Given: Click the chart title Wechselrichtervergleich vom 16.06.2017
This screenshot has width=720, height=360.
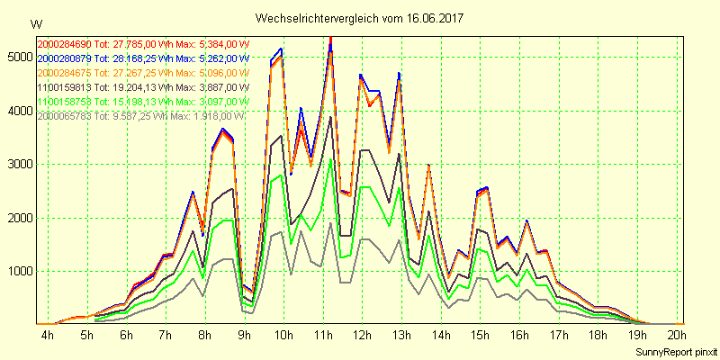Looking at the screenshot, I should [359, 18].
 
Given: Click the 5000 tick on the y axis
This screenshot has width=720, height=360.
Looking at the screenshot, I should [17, 58].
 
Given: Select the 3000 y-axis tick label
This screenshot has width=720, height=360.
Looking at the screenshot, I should [17, 165].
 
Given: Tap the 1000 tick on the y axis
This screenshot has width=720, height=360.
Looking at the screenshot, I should [17, 272].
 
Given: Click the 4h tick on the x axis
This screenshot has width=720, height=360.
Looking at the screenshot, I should [48, 335].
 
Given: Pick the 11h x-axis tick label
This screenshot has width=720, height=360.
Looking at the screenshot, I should [322, 335].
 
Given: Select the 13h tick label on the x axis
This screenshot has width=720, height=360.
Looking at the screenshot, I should [401, 335].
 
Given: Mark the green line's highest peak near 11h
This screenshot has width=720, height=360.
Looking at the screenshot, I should [331, 160].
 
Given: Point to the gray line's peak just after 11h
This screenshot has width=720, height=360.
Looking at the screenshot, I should [331, 222].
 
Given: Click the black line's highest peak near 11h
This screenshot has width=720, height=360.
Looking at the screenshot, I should [331, 118].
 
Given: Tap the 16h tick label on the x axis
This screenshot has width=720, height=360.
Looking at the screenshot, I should [519, 335].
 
